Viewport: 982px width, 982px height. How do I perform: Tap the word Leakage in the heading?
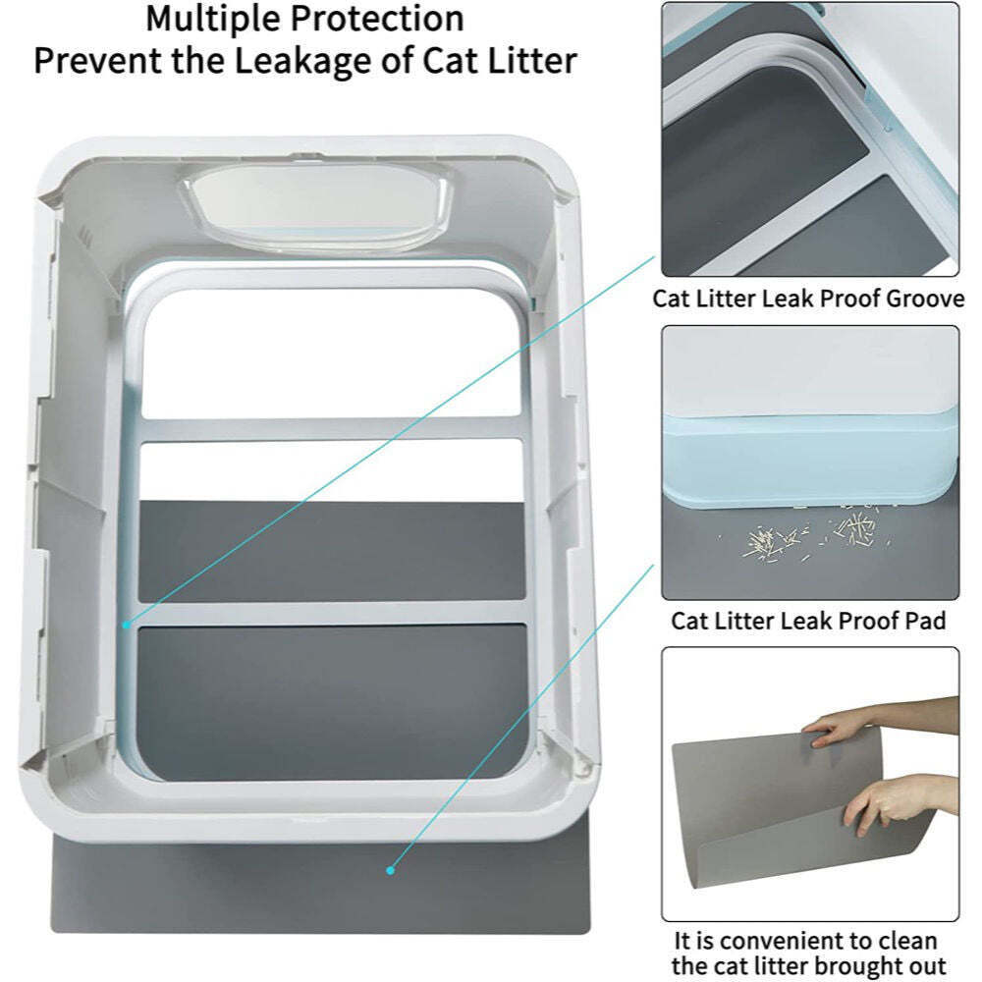pos(325,61)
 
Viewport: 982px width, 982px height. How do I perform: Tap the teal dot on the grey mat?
pos(390,869)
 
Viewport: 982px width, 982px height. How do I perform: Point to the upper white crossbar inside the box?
pos(329,429)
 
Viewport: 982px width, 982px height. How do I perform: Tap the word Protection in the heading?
pos(383,18)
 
